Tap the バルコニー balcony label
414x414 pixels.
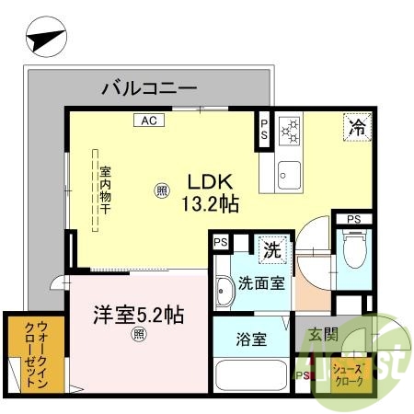click(x=148, y=88)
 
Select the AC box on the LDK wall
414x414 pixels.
click(x=149, y=120)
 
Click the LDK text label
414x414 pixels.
click(x=209, y=181)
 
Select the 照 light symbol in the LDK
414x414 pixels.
click(x=162, y=191)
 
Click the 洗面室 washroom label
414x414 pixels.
click(x=260, y=284)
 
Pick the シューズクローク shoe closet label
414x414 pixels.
click(x=351, y=374)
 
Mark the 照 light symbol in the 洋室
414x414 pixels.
click(x=139, y=335)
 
